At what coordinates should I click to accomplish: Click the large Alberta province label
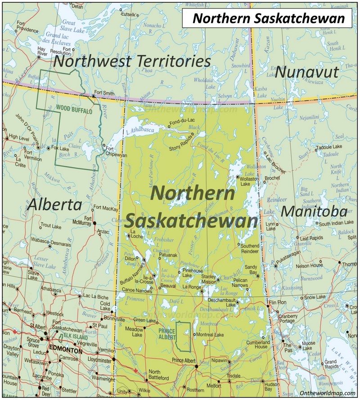(x=54, y=205)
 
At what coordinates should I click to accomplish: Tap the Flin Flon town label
(x=277, y=302)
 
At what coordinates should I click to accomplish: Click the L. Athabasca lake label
(x=140, y=130)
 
